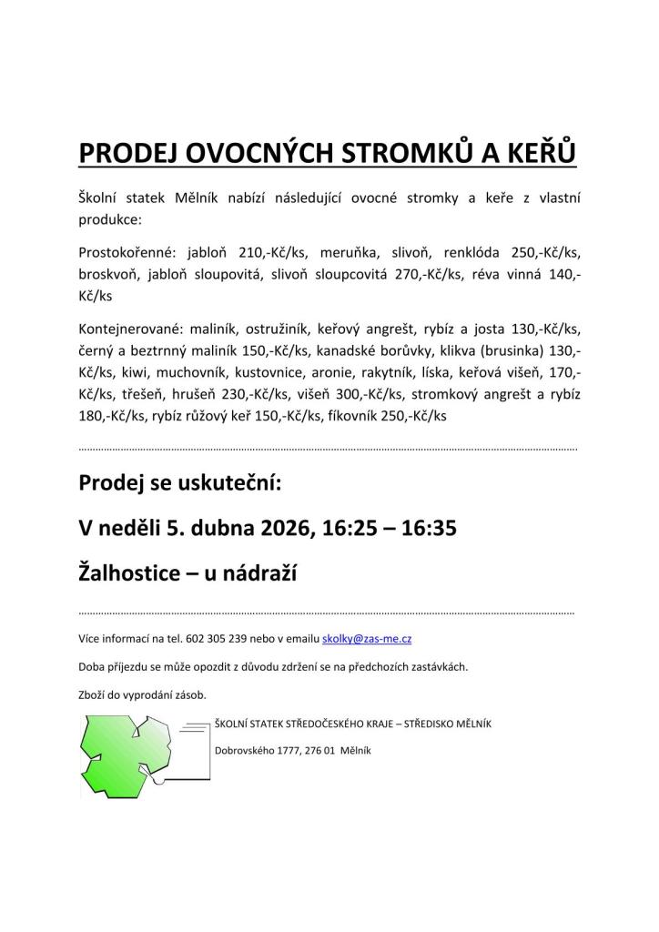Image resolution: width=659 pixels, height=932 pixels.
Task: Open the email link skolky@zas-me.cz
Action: [x=367, y=639]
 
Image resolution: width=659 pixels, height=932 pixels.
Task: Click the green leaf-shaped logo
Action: [x=137, y=755]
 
